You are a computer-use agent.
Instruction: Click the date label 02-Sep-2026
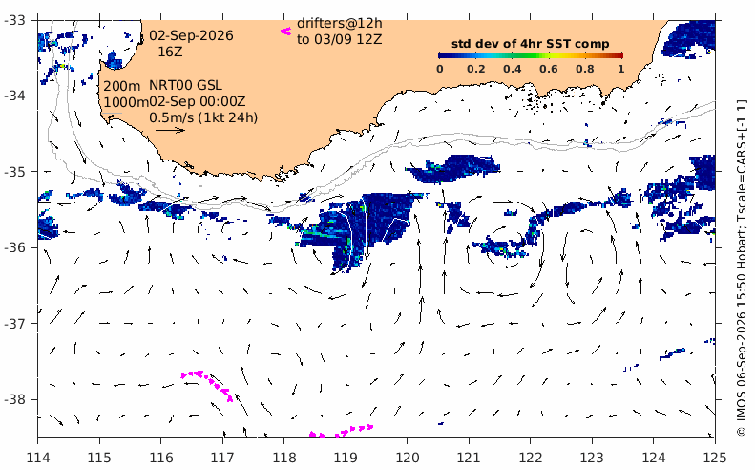point(191,35)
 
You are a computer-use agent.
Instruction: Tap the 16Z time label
point(171,52)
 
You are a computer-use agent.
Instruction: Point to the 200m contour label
point(122,86)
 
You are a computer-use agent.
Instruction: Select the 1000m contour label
point(126,102)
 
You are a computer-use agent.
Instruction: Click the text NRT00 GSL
point(185,86)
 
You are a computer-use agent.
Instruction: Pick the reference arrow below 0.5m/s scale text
point(171,130)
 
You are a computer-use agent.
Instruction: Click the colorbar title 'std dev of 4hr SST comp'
point(530,44)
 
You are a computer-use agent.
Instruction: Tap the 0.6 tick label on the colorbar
point(549,69)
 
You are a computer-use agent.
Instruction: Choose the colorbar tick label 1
point(621,69)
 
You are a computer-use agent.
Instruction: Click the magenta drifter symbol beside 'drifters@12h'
point(286,32)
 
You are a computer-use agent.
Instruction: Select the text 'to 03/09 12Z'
point(339,39)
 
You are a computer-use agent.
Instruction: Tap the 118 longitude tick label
point(283,457)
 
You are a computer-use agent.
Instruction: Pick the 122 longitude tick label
point(530,457)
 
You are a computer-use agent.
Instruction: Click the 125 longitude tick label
point(715,457)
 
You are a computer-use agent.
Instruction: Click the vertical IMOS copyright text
point(741,268)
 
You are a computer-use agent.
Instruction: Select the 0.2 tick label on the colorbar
point(475,69)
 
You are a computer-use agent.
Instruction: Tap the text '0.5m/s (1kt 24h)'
point(203,117)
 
